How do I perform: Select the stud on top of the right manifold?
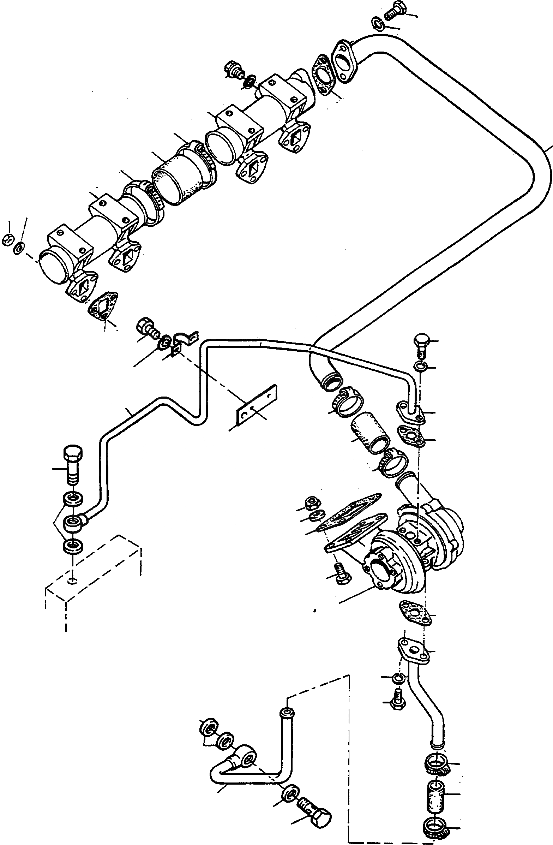234,70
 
